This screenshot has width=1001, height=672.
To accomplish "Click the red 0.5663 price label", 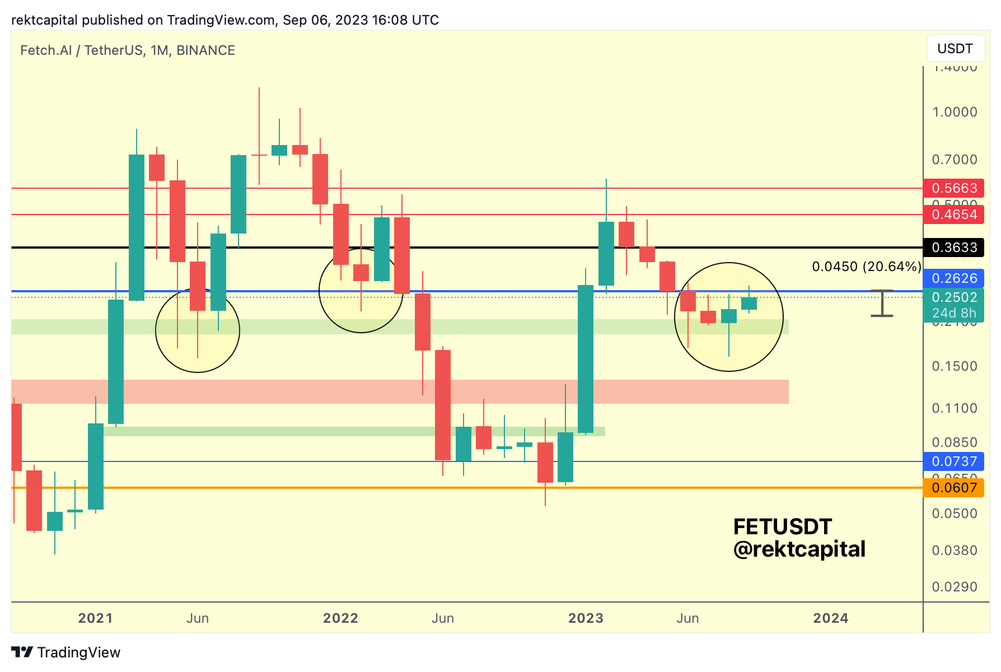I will click(x=954, y=188).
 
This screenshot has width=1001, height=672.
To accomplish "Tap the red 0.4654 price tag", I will click(x=954, y=214).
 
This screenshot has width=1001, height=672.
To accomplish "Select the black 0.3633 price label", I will click(x=954, y=248).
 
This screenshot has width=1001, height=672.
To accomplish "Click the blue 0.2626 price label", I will click(x=954, y=278).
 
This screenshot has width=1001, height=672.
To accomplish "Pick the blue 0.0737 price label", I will click(x=954, y=461).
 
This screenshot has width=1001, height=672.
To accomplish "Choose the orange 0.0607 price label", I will click(x=954, y=488).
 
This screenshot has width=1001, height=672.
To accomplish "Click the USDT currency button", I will click(x=955, y=49).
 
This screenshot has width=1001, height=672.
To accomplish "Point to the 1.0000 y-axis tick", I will click(x=954, y=112).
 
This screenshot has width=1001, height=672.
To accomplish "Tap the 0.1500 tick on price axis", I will click(x=954, y=366).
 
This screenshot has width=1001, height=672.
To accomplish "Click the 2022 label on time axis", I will click(x=340, y=618).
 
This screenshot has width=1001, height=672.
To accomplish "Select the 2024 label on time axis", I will click(x=831, y=618).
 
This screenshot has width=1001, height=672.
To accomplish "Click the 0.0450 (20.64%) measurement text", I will click(x=866, y=267).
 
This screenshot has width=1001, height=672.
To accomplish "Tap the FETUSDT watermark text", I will click(x=783, y=527).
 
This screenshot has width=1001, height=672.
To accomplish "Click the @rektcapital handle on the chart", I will click(x=799, y=549).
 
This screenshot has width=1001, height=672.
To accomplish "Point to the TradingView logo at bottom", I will click(x=66, y=652).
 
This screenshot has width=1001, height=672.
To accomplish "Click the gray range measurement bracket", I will click(x=882, y=304).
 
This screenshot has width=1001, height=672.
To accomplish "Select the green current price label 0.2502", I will click(x=954, y=297).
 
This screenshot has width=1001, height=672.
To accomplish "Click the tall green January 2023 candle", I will click(x=586, y=358).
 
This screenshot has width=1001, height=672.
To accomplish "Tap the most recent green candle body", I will click(x=749, y=304).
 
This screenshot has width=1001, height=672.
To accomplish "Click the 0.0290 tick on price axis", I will click(x=954, y=587).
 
